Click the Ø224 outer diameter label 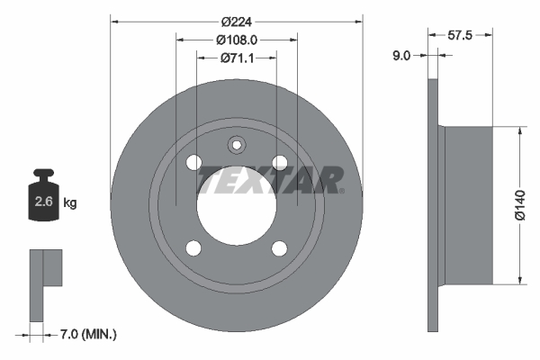236,22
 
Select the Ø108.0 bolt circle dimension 237,40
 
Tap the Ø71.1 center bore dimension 237,58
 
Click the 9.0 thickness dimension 401,56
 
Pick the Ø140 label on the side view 519,205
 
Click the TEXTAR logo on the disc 270,179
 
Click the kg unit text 70,203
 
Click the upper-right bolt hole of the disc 280,162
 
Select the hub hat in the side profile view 468,206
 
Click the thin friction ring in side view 432,206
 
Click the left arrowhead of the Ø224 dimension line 114,22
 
